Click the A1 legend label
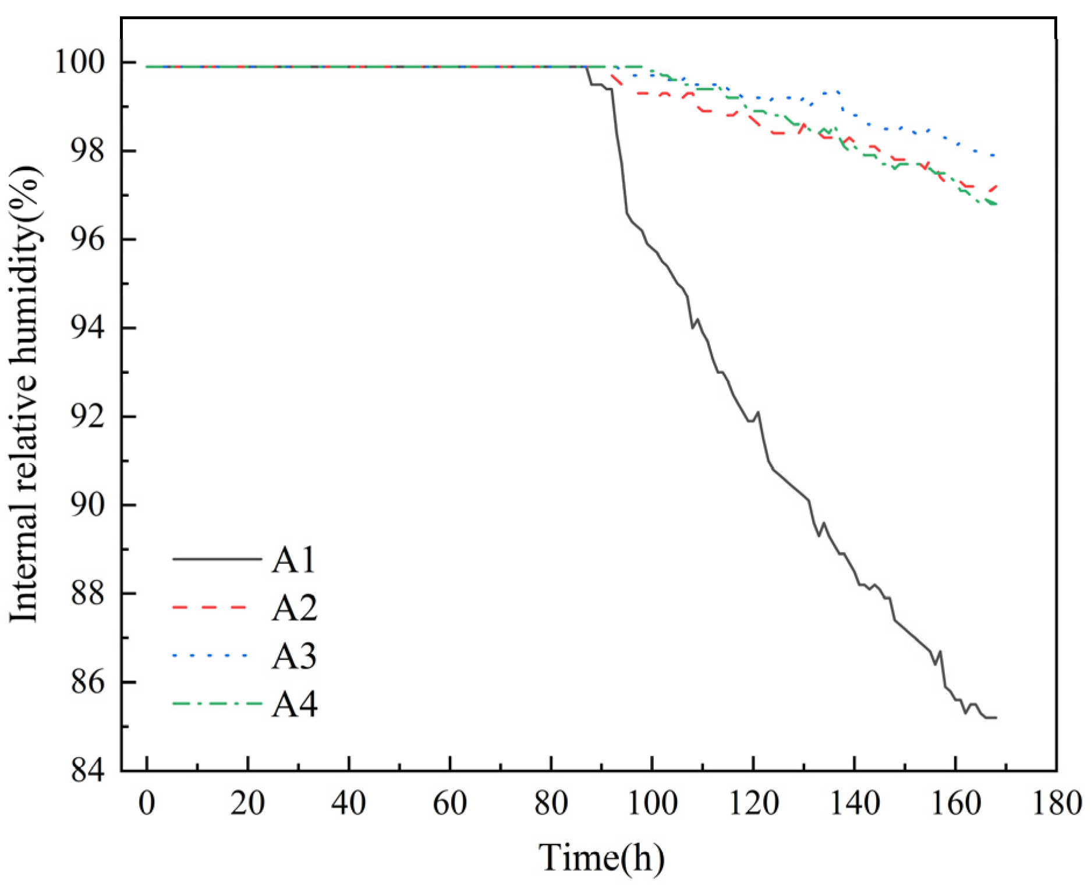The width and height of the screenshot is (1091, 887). point(294,560)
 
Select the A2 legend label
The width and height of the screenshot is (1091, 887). point(295,608)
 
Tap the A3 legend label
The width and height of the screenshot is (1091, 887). point(295,656)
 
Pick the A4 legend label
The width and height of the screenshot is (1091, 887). point(295,704)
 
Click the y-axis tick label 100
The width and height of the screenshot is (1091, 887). point(80,62)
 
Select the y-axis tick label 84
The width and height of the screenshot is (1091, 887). point(87,771)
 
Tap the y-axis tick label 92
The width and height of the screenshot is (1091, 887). point(87,416)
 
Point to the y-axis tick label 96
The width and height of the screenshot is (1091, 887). point(87,239)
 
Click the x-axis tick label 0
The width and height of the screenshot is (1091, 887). point(147,804)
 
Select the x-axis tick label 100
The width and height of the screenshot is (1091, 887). point(652,804)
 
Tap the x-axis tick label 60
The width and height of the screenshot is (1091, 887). point(450,804)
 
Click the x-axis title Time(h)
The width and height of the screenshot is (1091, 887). point(601,857)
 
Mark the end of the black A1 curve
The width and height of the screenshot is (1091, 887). point(996,718)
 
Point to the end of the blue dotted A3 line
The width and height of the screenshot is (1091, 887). point(994,156)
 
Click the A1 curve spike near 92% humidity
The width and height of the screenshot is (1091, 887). point(757,412)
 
